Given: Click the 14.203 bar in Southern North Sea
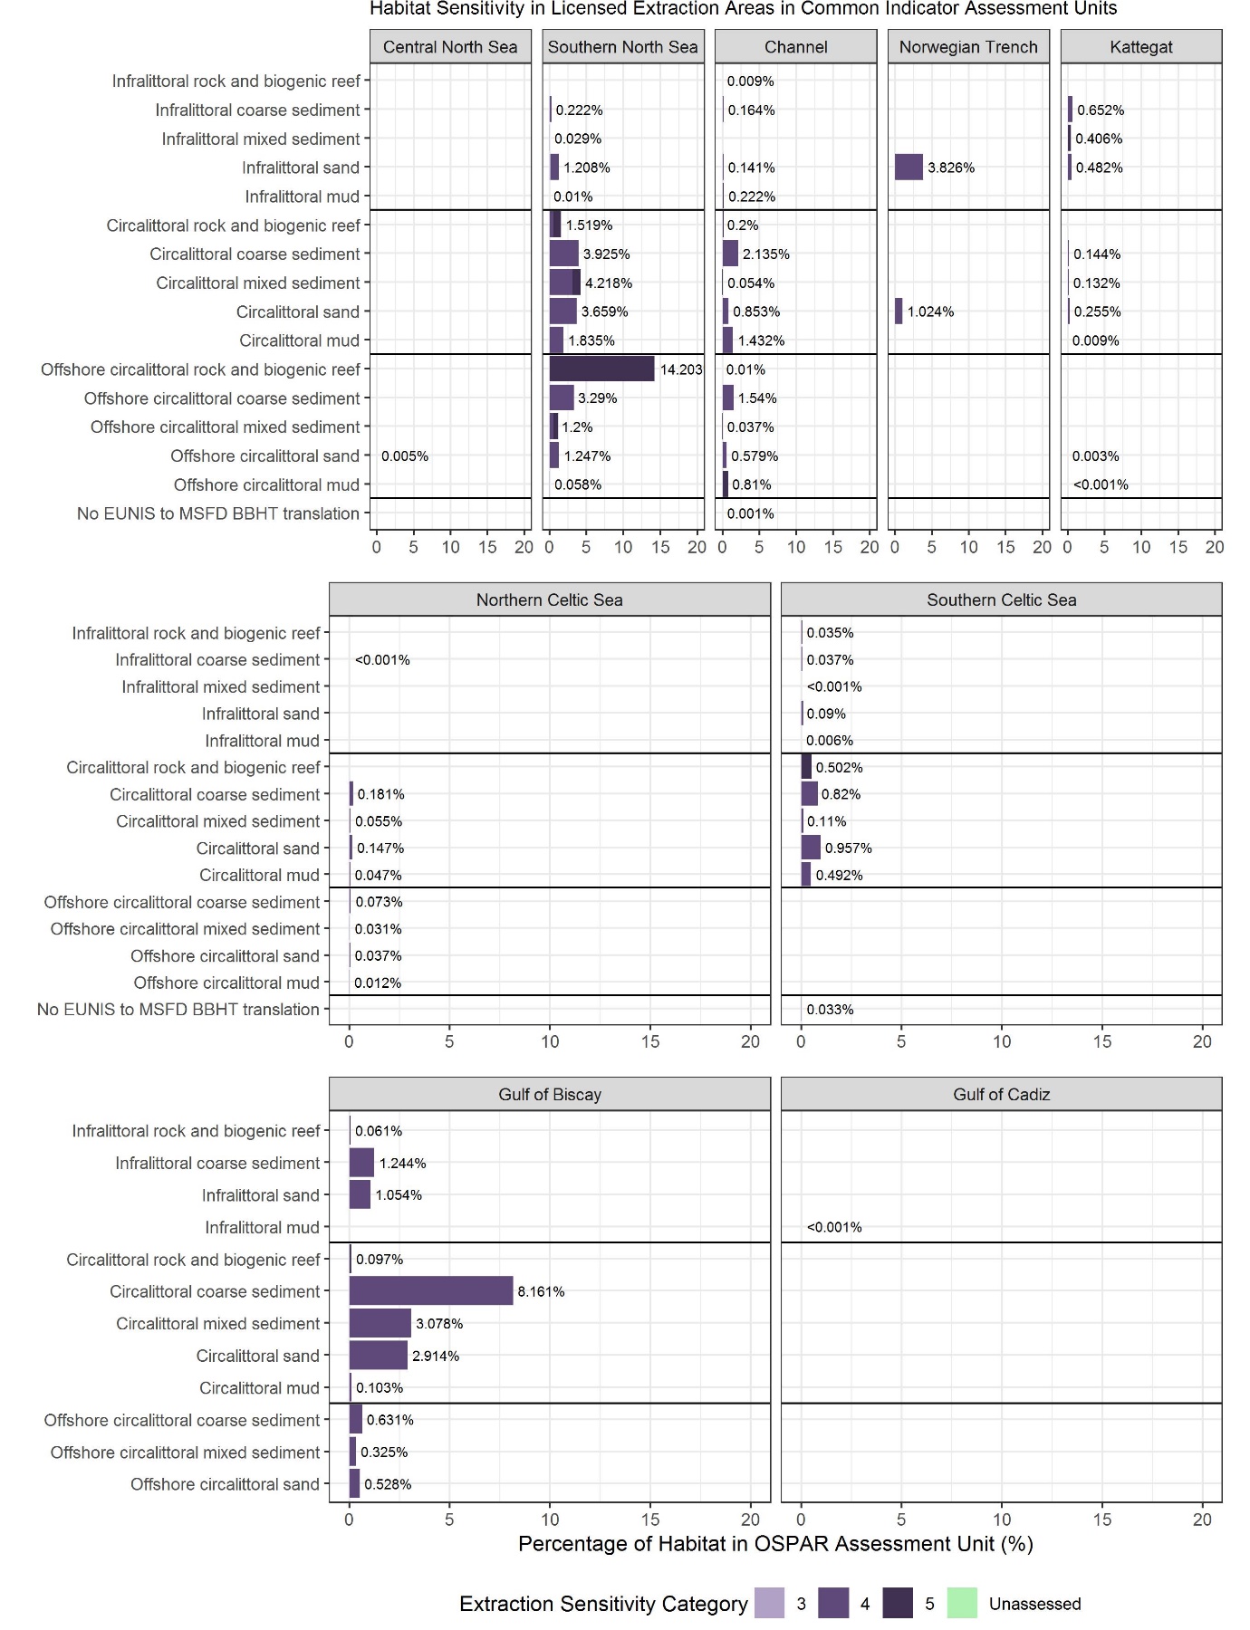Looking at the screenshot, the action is coord(601,369).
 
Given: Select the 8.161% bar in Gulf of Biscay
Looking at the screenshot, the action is coord(431,1290).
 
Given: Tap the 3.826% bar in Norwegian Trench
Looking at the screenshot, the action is coord(909,168).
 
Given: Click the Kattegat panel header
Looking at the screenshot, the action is coord(1141,47).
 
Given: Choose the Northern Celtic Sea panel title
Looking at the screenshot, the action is coord(550,599).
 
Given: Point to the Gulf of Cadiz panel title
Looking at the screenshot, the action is coord(1002,1094).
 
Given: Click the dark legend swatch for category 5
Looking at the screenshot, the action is coord(898,1603).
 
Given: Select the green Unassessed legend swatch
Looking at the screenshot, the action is coord(962,1603).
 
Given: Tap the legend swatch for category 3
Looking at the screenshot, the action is coord(769,1603).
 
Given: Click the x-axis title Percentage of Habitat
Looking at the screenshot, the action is coord(775,1543).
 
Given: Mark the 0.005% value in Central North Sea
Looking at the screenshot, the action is coord(405,456).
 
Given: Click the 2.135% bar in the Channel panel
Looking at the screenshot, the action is coord(730,254).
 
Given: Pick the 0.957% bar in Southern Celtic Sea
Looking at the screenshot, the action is coord(811,848).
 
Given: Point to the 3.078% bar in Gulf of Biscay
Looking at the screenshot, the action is coord(380,1323).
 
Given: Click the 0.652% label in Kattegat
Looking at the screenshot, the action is coord(1101,110).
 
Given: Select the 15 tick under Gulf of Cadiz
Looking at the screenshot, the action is coord(1102,1520).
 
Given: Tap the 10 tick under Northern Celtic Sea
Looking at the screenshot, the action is coord(550,1041).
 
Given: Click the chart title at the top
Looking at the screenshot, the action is coord(744,9).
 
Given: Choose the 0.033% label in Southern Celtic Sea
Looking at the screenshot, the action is coord(830,1010).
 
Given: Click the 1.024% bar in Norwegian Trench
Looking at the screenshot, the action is coord(899,312).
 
